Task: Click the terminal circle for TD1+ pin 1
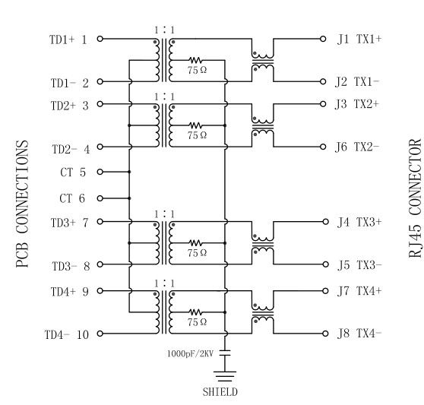tap(100, 39)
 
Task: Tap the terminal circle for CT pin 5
tap(100, 172)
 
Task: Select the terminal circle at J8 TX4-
tap(325, 334)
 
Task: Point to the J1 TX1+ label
tap(359, 40)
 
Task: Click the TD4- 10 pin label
tap(67, 334)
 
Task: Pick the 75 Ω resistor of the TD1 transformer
tap(195, 60)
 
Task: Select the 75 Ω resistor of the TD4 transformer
tap(195, 312)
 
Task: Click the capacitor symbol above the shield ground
tap(225, 353)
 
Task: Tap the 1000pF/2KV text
tap(191, 353)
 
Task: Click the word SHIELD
tap(220, 392)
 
